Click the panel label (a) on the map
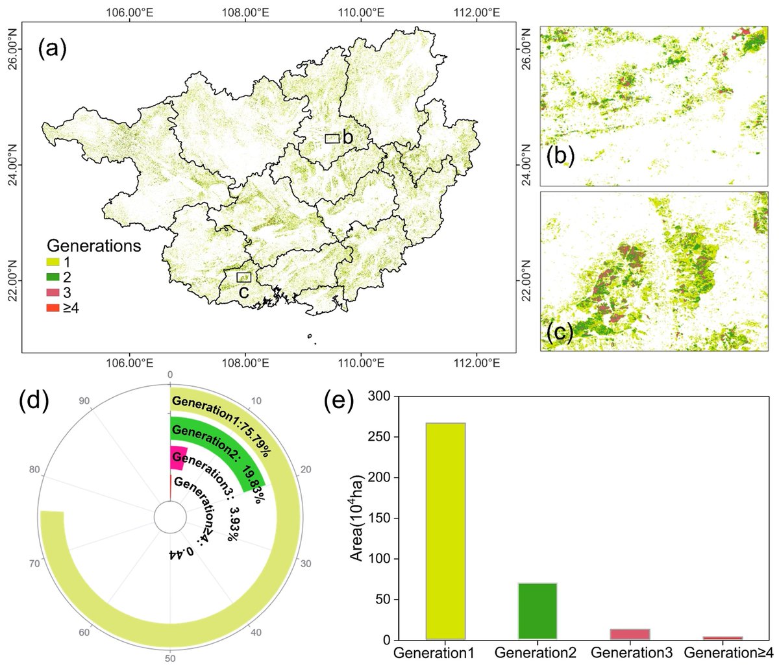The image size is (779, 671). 52,49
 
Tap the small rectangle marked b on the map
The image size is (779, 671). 332,138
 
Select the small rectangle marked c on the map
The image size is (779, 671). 243,277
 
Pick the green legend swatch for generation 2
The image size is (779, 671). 53,276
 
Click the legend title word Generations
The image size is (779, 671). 93,247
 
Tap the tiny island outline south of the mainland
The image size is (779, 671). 310,335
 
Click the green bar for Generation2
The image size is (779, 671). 536,611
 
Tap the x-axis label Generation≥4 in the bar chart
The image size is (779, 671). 729,653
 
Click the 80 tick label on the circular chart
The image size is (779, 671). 36,469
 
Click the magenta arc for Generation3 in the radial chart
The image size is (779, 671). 179,456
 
